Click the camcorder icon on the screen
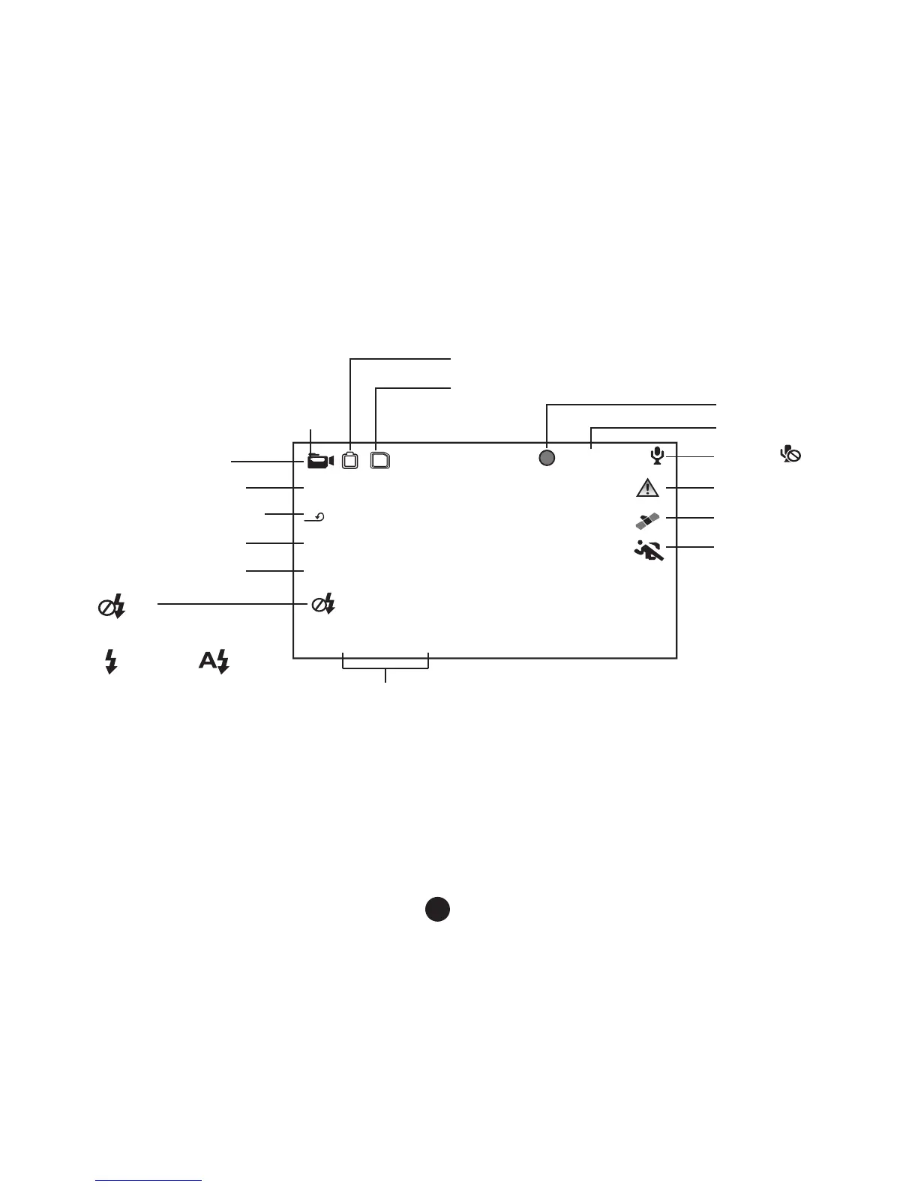coord(320,461)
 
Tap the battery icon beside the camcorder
coord(350,460)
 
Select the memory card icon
coord(381,460)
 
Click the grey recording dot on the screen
coord(547,458)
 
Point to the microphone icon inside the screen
coord(657,455)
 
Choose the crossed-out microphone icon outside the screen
coord(791,453)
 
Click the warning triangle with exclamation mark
coord(647,488)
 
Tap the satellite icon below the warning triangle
coord(647,519)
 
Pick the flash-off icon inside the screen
coord(324,604)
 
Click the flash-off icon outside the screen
coord(112,606)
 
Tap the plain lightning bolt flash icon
coord(111,662)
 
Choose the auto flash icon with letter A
coord(214,662)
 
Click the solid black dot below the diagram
coord(438,908)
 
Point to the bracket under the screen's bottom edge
coord(385,666)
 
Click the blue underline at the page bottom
coord(149,1180)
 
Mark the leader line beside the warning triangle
coord(690,489)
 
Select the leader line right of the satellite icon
coord(690,518)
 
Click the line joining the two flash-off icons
coord(225,602)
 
